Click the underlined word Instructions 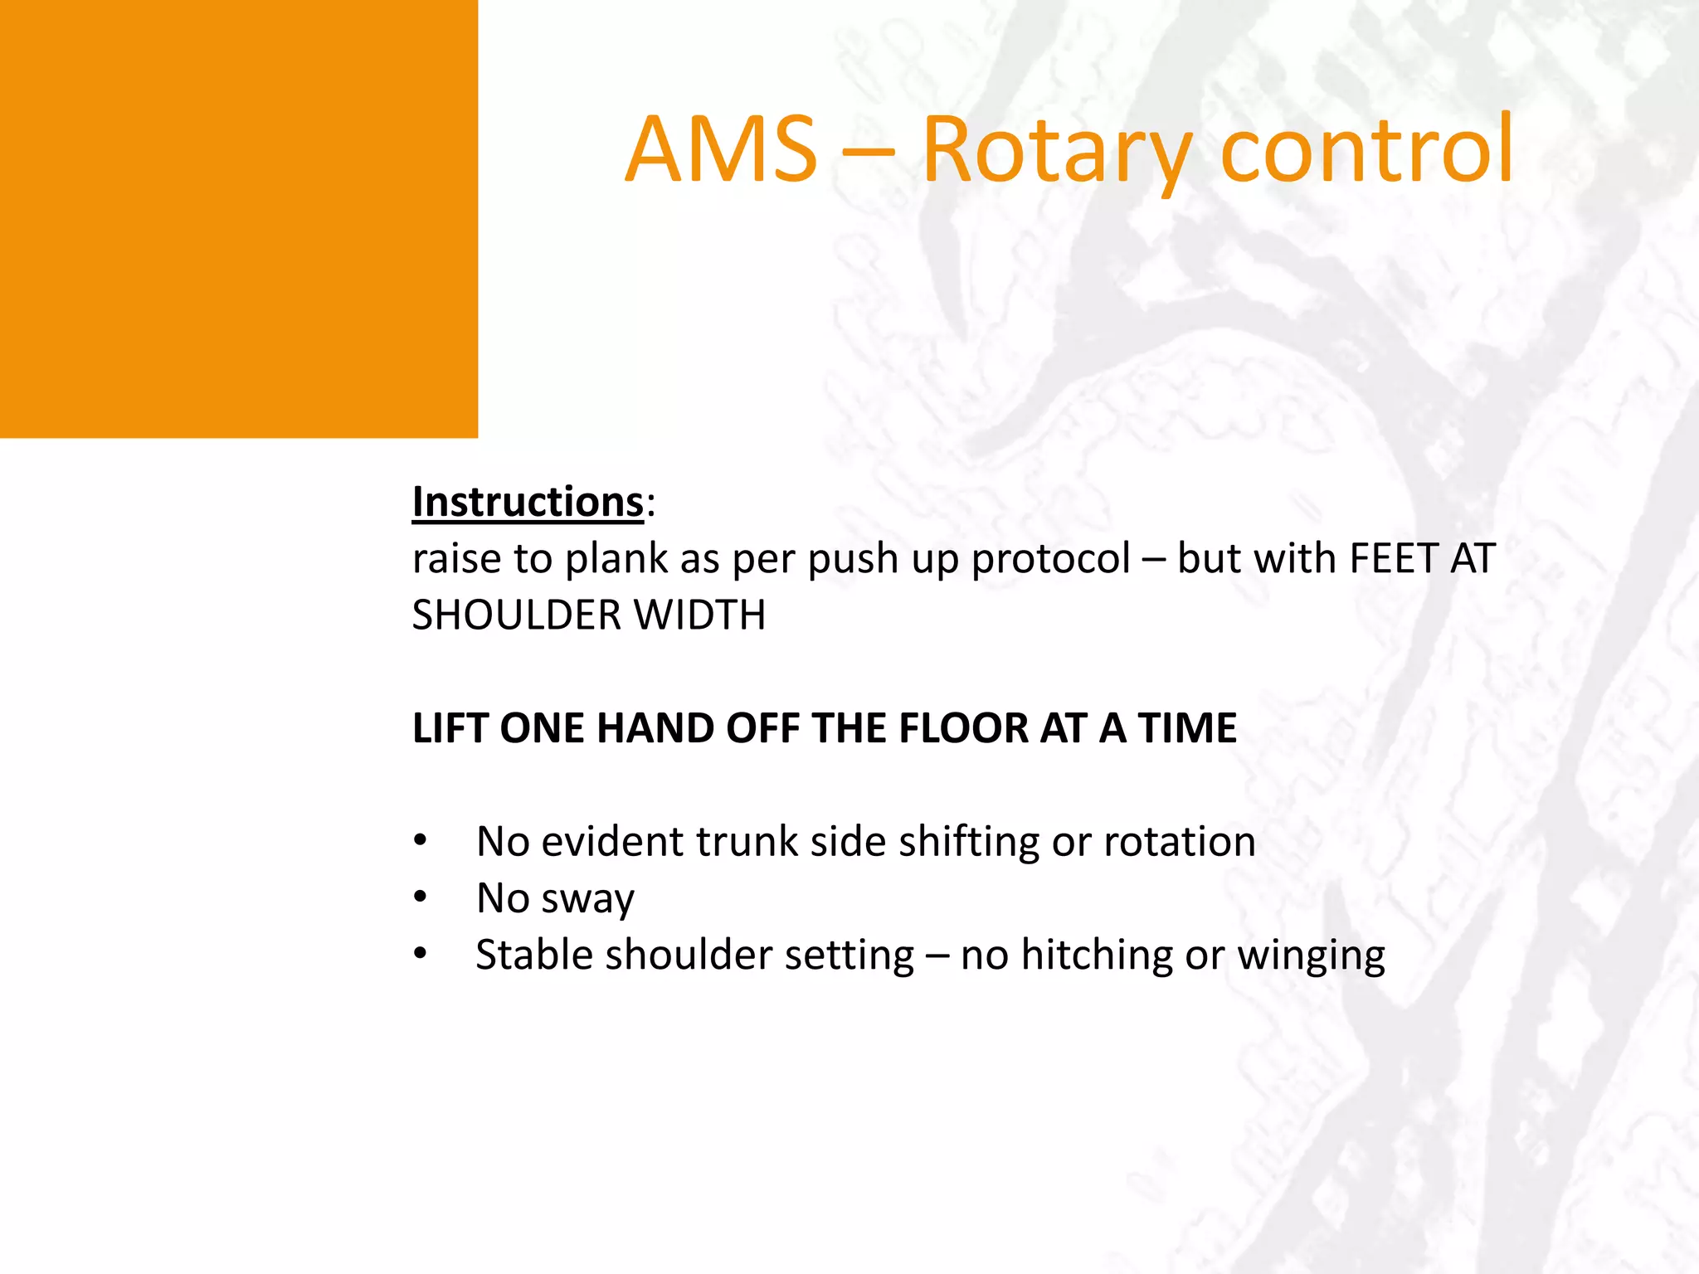tap(528, 503)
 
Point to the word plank tap(616, 559)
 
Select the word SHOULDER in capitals tap(517, 615)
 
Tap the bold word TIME tap(1187, 728)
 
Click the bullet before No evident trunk tap(421, 842)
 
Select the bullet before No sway tap(421, 898)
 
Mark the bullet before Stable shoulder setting tap(421, 955)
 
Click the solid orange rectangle tap(238, 218)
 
